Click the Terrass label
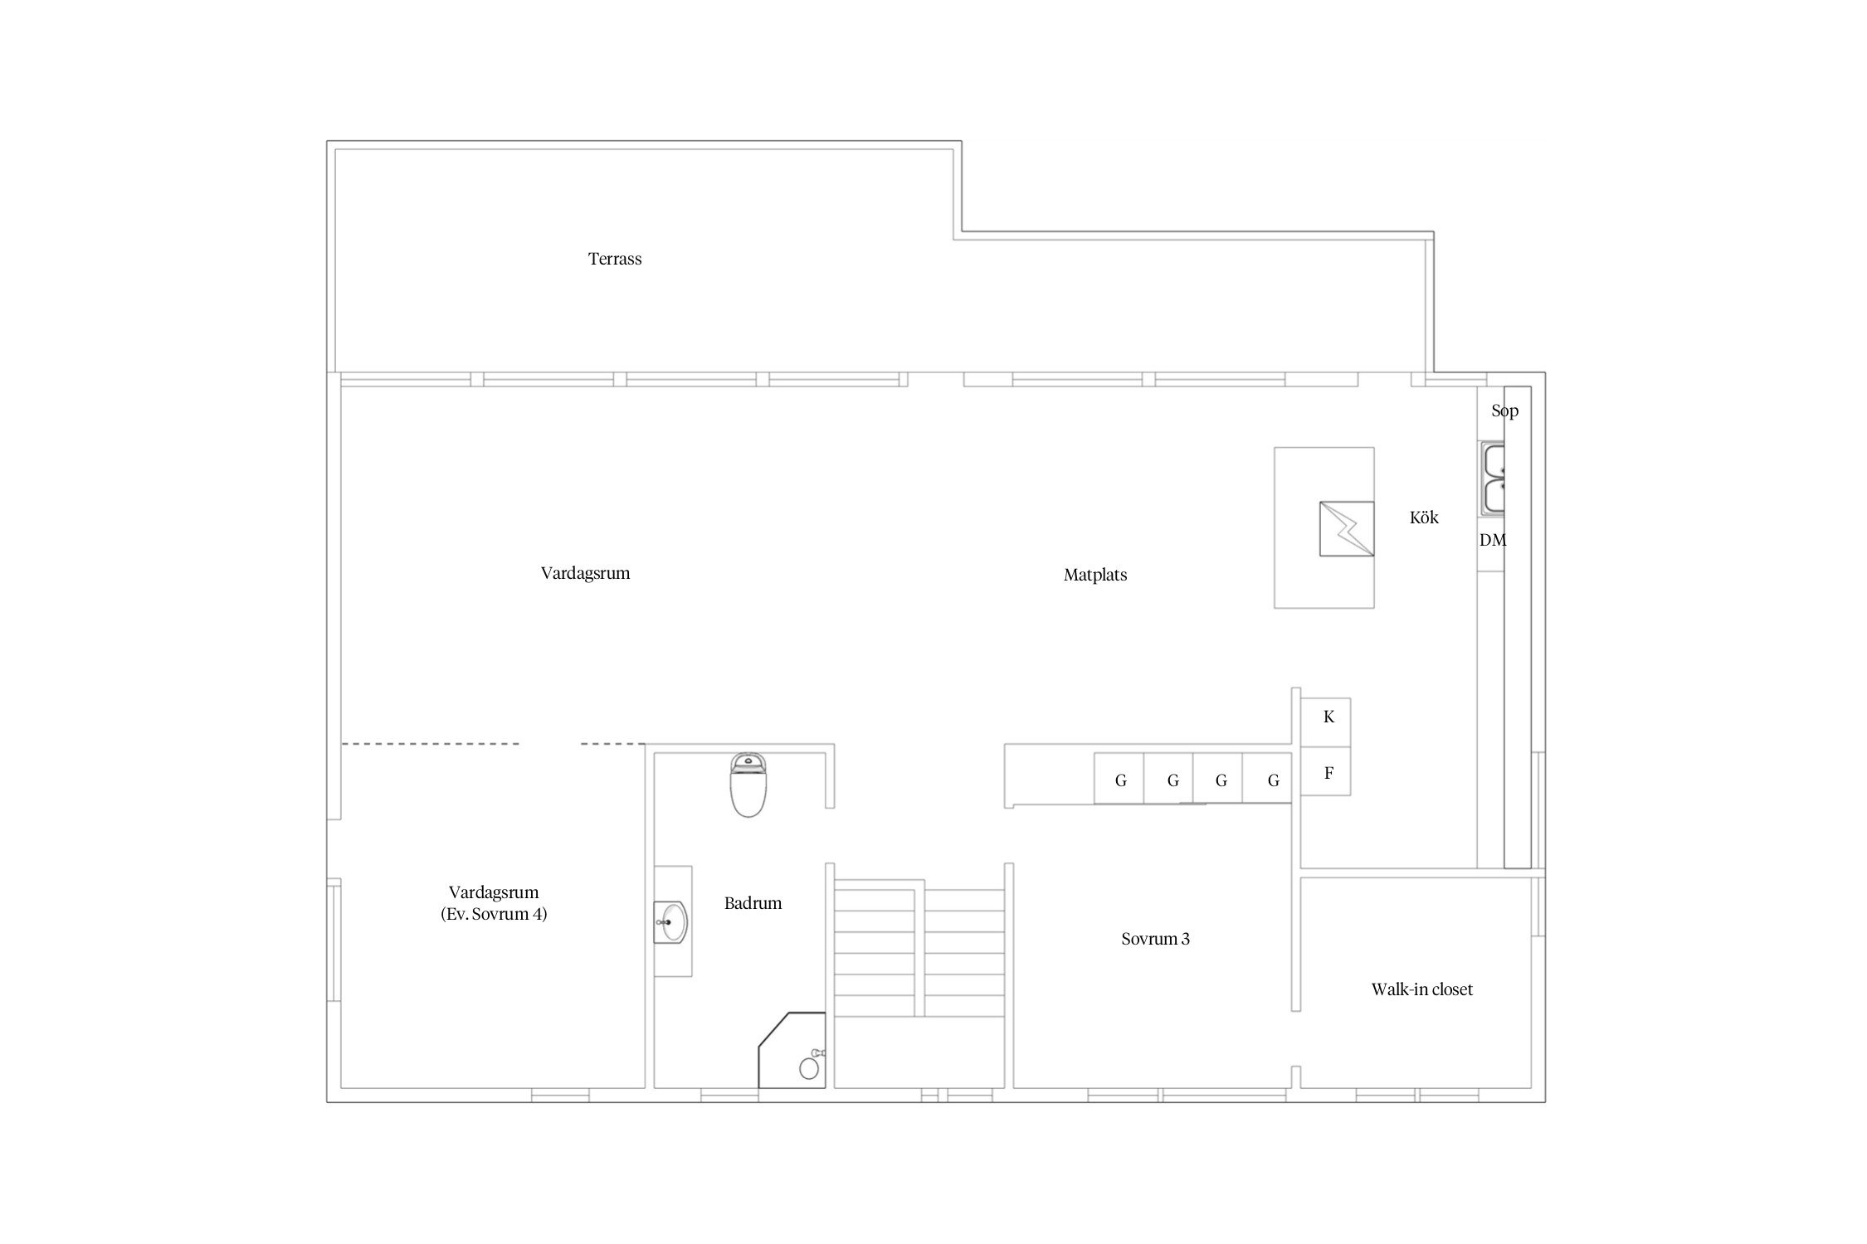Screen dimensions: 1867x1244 (x=615, y=259)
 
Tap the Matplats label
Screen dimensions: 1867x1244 (x=1095, y=575)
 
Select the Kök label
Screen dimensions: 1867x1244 (x=1424, y=518)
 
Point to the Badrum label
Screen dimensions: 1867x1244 (x=753, y=903)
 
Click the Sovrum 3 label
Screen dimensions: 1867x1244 (x=1155, y=939)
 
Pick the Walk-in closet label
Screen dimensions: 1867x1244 (x=1422, y=989)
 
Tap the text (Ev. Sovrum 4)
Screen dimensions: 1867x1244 (x=494, y=915)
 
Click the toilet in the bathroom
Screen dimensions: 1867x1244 (x=748, y=785)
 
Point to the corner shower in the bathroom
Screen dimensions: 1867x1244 (x=792, y=1050)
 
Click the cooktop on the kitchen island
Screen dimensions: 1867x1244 (x=1347, y=528)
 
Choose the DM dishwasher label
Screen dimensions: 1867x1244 (x=1492, y=540)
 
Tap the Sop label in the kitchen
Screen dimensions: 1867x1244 (x=1504, y=411)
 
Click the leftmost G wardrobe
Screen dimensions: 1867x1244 (x=1119, y=778)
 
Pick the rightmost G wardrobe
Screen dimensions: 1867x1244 (x=1267, y=778)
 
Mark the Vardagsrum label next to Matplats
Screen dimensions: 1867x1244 (x=585, y=573)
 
